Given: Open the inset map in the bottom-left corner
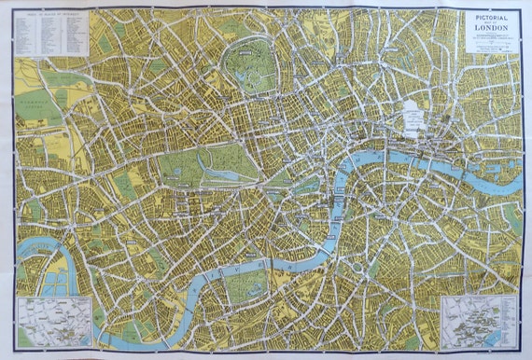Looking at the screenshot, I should pyautogui.click(x=55, y=322).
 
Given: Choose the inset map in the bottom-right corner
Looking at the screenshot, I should pyautogui.click(x=479, y=322).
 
